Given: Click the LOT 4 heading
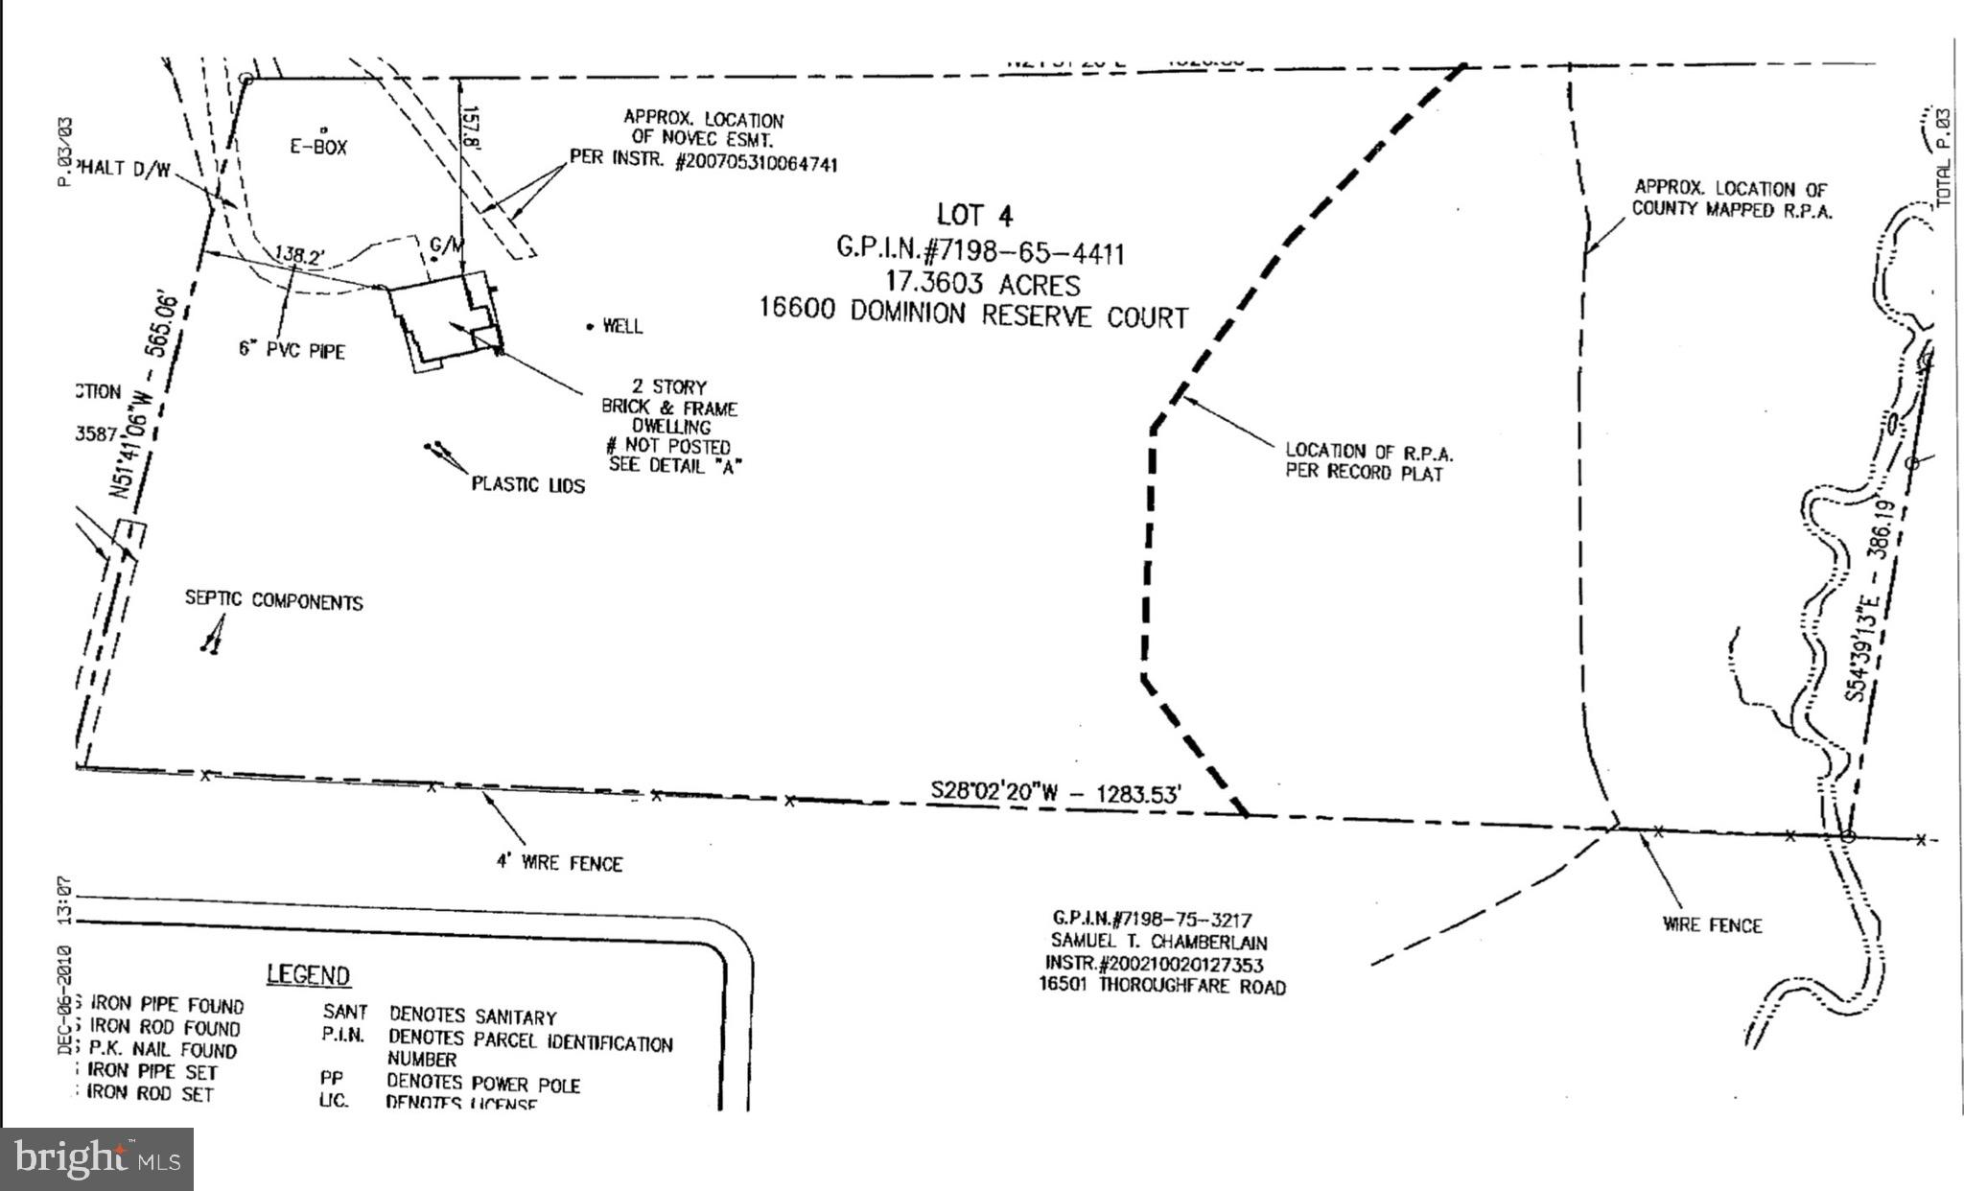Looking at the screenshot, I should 974,215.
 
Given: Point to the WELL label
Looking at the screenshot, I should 622,327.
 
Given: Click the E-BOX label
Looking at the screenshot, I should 318,147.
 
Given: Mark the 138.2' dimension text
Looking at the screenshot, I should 299,255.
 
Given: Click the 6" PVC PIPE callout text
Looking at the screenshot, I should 292,350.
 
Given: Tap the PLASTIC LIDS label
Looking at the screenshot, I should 527,485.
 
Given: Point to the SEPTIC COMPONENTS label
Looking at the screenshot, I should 274,601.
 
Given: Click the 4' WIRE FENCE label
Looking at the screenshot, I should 559,863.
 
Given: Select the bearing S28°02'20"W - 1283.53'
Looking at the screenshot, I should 1056,793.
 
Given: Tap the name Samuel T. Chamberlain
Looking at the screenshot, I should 1158,942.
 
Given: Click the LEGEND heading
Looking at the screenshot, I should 308,975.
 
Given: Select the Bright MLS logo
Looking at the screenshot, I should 97,1159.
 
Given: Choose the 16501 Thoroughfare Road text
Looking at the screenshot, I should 1162,986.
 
